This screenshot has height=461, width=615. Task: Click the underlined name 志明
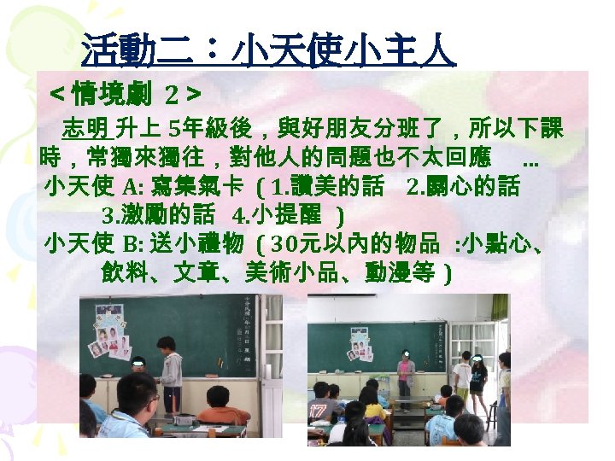(87, 131)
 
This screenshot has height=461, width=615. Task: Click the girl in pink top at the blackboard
(406, 376)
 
